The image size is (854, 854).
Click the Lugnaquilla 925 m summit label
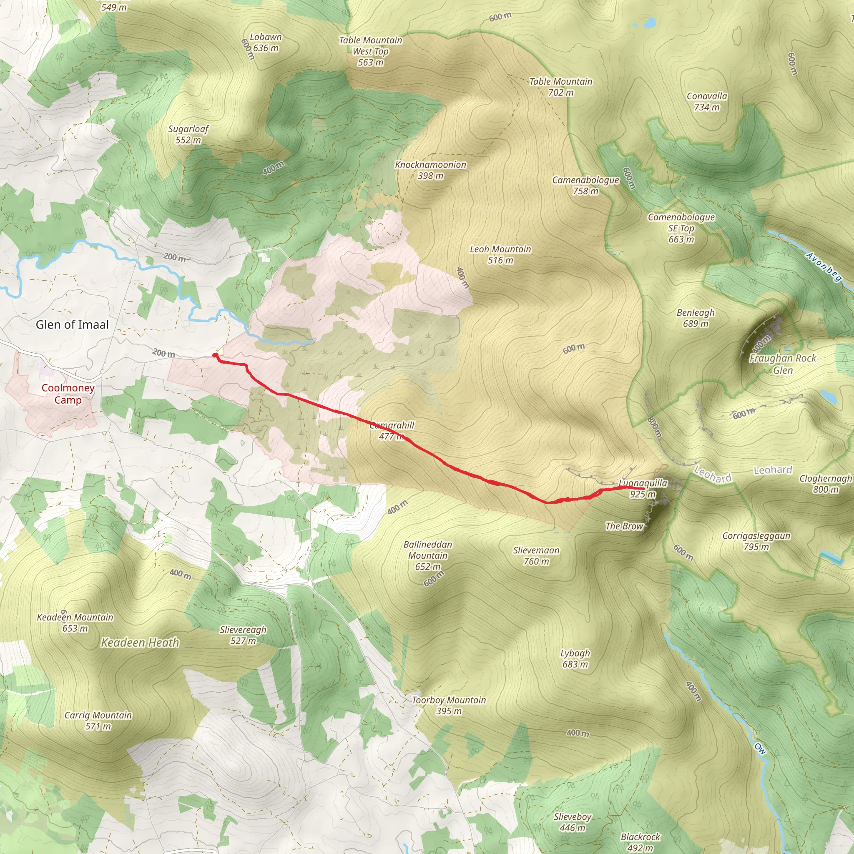point(643,488)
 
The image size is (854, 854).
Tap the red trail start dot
point(215,355)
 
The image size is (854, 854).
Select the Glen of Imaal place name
point(72,325)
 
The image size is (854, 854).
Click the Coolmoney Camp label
point(68,394)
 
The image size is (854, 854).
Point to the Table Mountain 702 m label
point(560,87)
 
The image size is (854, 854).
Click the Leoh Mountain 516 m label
point(500,255)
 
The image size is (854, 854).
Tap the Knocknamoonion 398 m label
point(430,170)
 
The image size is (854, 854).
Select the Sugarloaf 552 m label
point(188,134)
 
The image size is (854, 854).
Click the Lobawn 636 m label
point(266,43)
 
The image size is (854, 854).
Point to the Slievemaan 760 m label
point(536,555)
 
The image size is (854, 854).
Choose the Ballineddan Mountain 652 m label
point(427,555)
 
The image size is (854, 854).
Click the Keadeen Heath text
point(140,643)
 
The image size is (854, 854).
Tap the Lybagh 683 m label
point(575,658)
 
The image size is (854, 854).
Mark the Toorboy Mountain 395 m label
point(449,706)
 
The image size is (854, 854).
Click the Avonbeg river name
point(823,266)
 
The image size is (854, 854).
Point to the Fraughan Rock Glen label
point(782,364)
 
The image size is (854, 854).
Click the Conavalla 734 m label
point(706,102)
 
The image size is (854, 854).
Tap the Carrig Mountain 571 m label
point(98,721)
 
